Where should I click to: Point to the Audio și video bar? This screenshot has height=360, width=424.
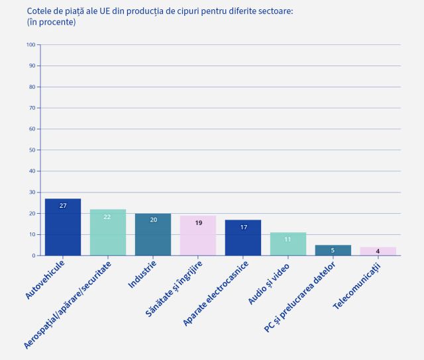[288, 245]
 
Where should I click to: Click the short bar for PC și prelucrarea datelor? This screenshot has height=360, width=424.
[333, 250]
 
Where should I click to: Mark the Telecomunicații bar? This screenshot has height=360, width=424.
[378, 251]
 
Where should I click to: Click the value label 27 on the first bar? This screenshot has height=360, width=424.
[63, 206]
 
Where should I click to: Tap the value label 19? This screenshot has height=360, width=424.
[198, 223]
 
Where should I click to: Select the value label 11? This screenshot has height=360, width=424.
[288, 240]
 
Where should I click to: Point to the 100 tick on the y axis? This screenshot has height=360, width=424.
[31, 45]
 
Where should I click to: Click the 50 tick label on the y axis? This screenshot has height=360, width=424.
[31, 150]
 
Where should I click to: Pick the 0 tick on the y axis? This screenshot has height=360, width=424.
[33, 255]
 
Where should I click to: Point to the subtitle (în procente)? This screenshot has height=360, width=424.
[51, 22]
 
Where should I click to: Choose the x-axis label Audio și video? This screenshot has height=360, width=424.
[270, 283]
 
